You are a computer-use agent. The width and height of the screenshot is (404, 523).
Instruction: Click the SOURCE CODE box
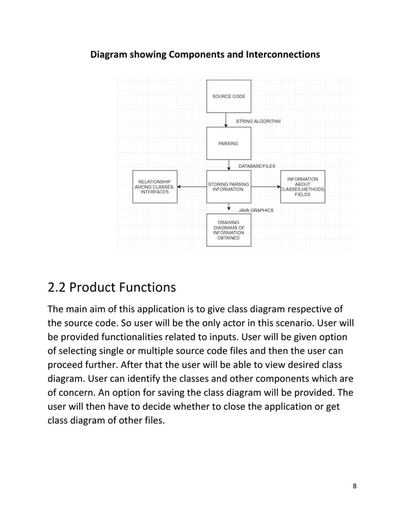(229, 96)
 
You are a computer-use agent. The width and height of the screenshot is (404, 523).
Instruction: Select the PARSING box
(229, 144)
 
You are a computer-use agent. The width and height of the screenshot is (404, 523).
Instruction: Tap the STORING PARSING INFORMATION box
(229, 186)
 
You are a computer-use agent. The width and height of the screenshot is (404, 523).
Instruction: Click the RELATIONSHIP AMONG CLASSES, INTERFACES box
(155, 186)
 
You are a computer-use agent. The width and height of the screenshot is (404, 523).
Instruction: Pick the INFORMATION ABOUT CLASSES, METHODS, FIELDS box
(302, 186)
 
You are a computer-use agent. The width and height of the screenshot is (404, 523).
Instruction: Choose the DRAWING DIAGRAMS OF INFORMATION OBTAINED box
(229, 230)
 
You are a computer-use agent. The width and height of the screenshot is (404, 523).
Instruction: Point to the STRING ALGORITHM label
(258, 120)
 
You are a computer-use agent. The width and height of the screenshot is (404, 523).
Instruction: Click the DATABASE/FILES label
(256, 165)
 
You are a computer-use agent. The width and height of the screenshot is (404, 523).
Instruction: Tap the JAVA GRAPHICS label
(256, 210)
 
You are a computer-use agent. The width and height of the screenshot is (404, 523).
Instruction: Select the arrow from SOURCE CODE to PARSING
(225, 120)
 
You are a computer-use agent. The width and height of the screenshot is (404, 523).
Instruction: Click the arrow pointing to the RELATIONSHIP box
(192, 187)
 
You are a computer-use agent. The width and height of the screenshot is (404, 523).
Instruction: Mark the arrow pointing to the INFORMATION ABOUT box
(265, 187)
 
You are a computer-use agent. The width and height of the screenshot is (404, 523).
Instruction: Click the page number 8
(355, 486)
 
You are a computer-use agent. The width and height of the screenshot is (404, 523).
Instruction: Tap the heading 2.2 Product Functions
(111, 288)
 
